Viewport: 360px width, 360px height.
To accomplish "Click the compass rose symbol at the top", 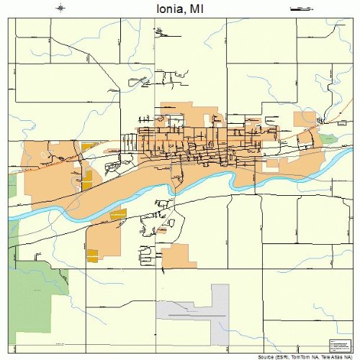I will pos(61,8).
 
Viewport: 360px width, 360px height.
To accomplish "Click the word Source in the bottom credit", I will pos(268,356).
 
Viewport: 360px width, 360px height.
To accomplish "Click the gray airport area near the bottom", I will pos(216,306).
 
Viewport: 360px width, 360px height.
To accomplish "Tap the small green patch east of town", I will pos(328,138).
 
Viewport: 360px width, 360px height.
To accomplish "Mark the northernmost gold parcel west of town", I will pos(89,147).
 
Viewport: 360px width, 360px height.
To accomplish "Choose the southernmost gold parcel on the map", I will pos(92,254).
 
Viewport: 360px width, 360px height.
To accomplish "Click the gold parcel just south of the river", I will pos(118,213).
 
